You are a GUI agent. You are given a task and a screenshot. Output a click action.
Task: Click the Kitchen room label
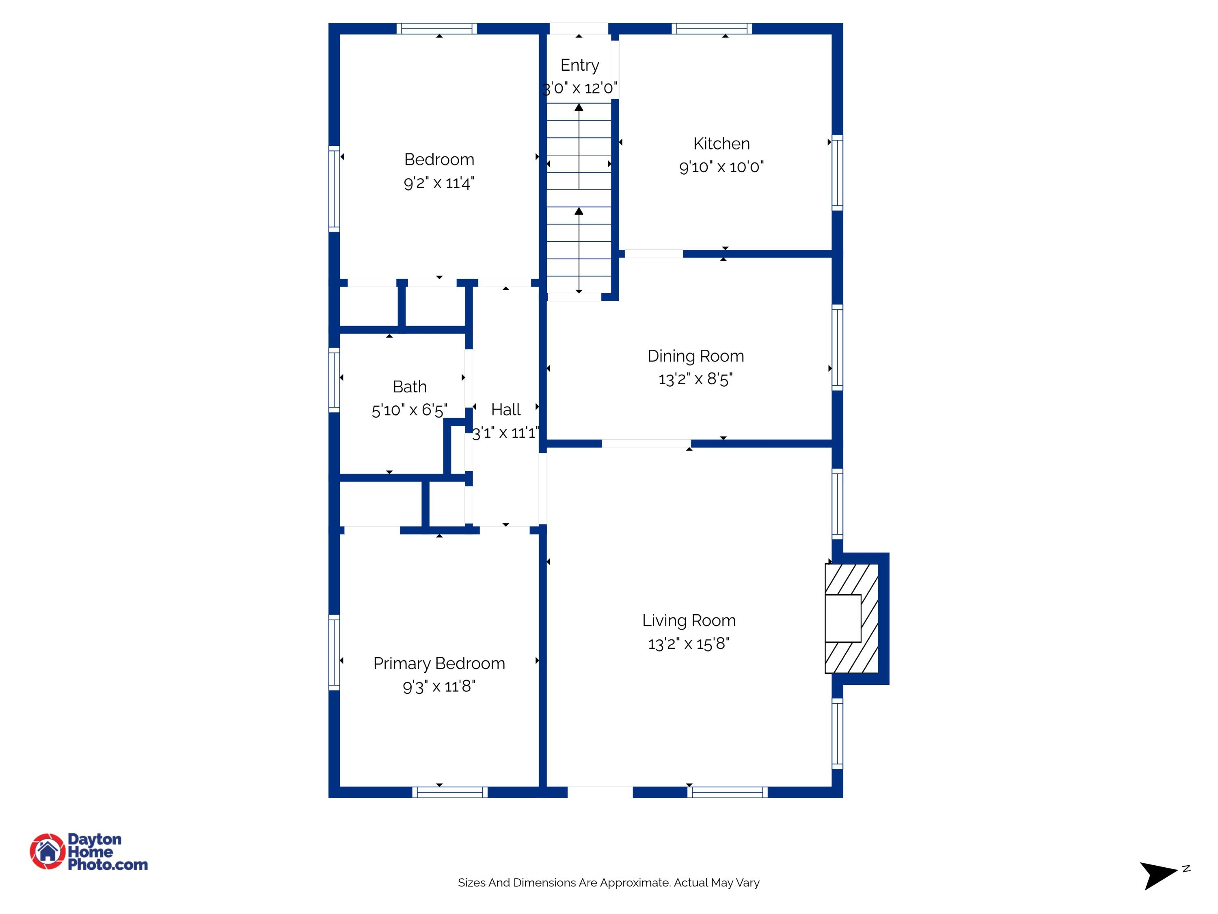coord(721,144)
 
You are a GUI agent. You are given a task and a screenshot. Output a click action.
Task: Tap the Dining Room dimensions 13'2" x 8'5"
coord(695,379)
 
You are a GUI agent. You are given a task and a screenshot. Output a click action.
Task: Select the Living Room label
coord(689,620)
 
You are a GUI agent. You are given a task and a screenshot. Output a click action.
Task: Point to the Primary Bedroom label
coord(439,663)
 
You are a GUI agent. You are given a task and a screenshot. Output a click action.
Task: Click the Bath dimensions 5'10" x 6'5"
coord(409,410)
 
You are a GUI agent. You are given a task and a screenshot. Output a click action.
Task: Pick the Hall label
coord(505,409)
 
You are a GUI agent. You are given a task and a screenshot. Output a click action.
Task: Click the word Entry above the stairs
coord(579,65)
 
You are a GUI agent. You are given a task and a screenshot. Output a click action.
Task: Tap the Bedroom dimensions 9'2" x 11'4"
coord(439,183)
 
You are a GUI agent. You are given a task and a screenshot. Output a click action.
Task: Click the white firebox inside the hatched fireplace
coord(842,618)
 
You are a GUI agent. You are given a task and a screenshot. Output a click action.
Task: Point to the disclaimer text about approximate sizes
coord(609,883)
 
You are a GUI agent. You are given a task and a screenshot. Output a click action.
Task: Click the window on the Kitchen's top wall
coord(711,29)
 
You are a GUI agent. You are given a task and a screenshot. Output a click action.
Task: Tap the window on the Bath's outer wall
coord(334,380)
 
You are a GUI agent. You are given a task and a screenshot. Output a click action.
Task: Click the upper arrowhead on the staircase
coord(579,107)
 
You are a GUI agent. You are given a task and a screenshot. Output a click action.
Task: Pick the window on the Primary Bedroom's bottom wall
coord(450,792)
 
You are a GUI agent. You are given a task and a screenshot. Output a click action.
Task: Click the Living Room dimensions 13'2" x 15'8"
coord(689,643)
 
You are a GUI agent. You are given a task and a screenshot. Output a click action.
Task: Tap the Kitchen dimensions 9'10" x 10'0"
coord(721,167)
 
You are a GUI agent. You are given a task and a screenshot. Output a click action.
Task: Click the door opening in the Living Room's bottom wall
coord(600,792)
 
